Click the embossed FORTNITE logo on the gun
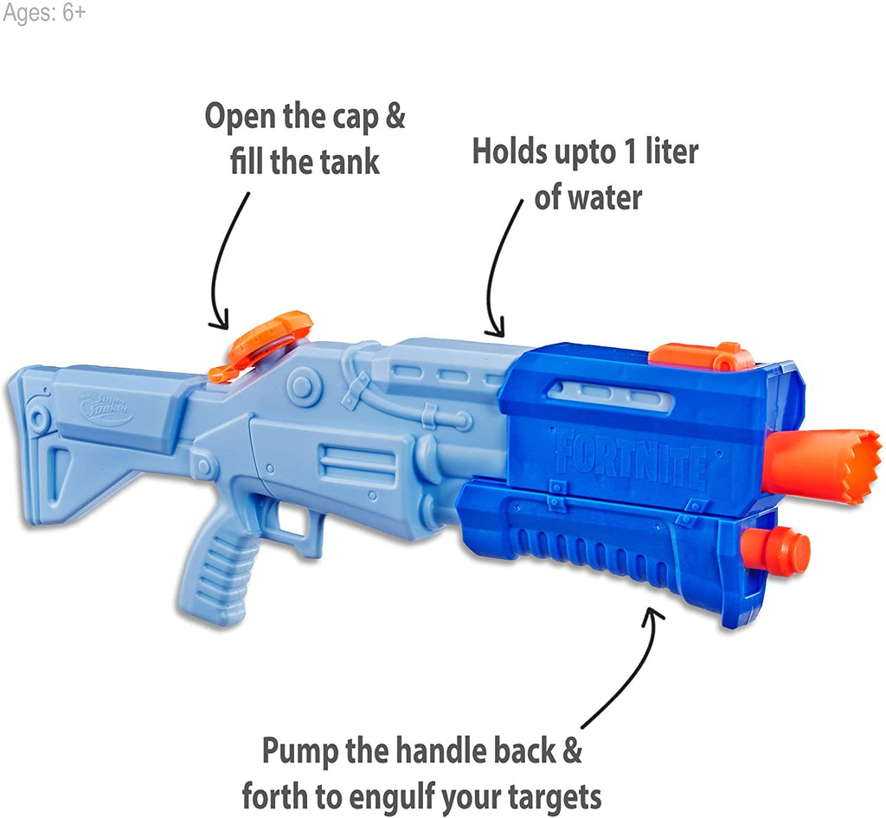(630, 457)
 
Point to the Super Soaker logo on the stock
(106, 409)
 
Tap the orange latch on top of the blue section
(701, 355)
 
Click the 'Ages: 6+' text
(44, 15)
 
